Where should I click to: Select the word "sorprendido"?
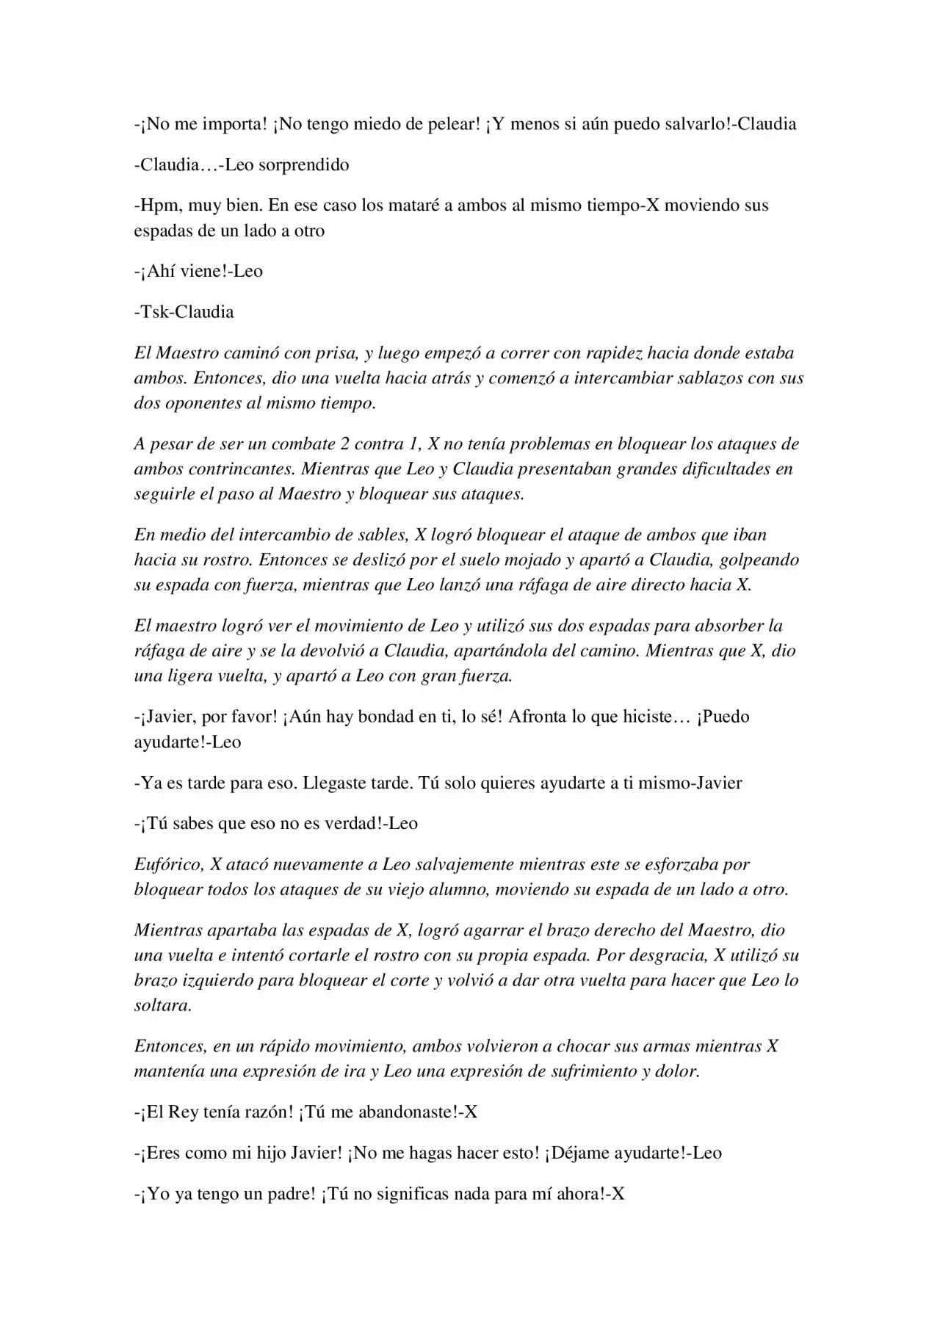(304, 164)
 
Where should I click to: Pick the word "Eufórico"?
(168, 865)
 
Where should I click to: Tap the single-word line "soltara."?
(163, 1006)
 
